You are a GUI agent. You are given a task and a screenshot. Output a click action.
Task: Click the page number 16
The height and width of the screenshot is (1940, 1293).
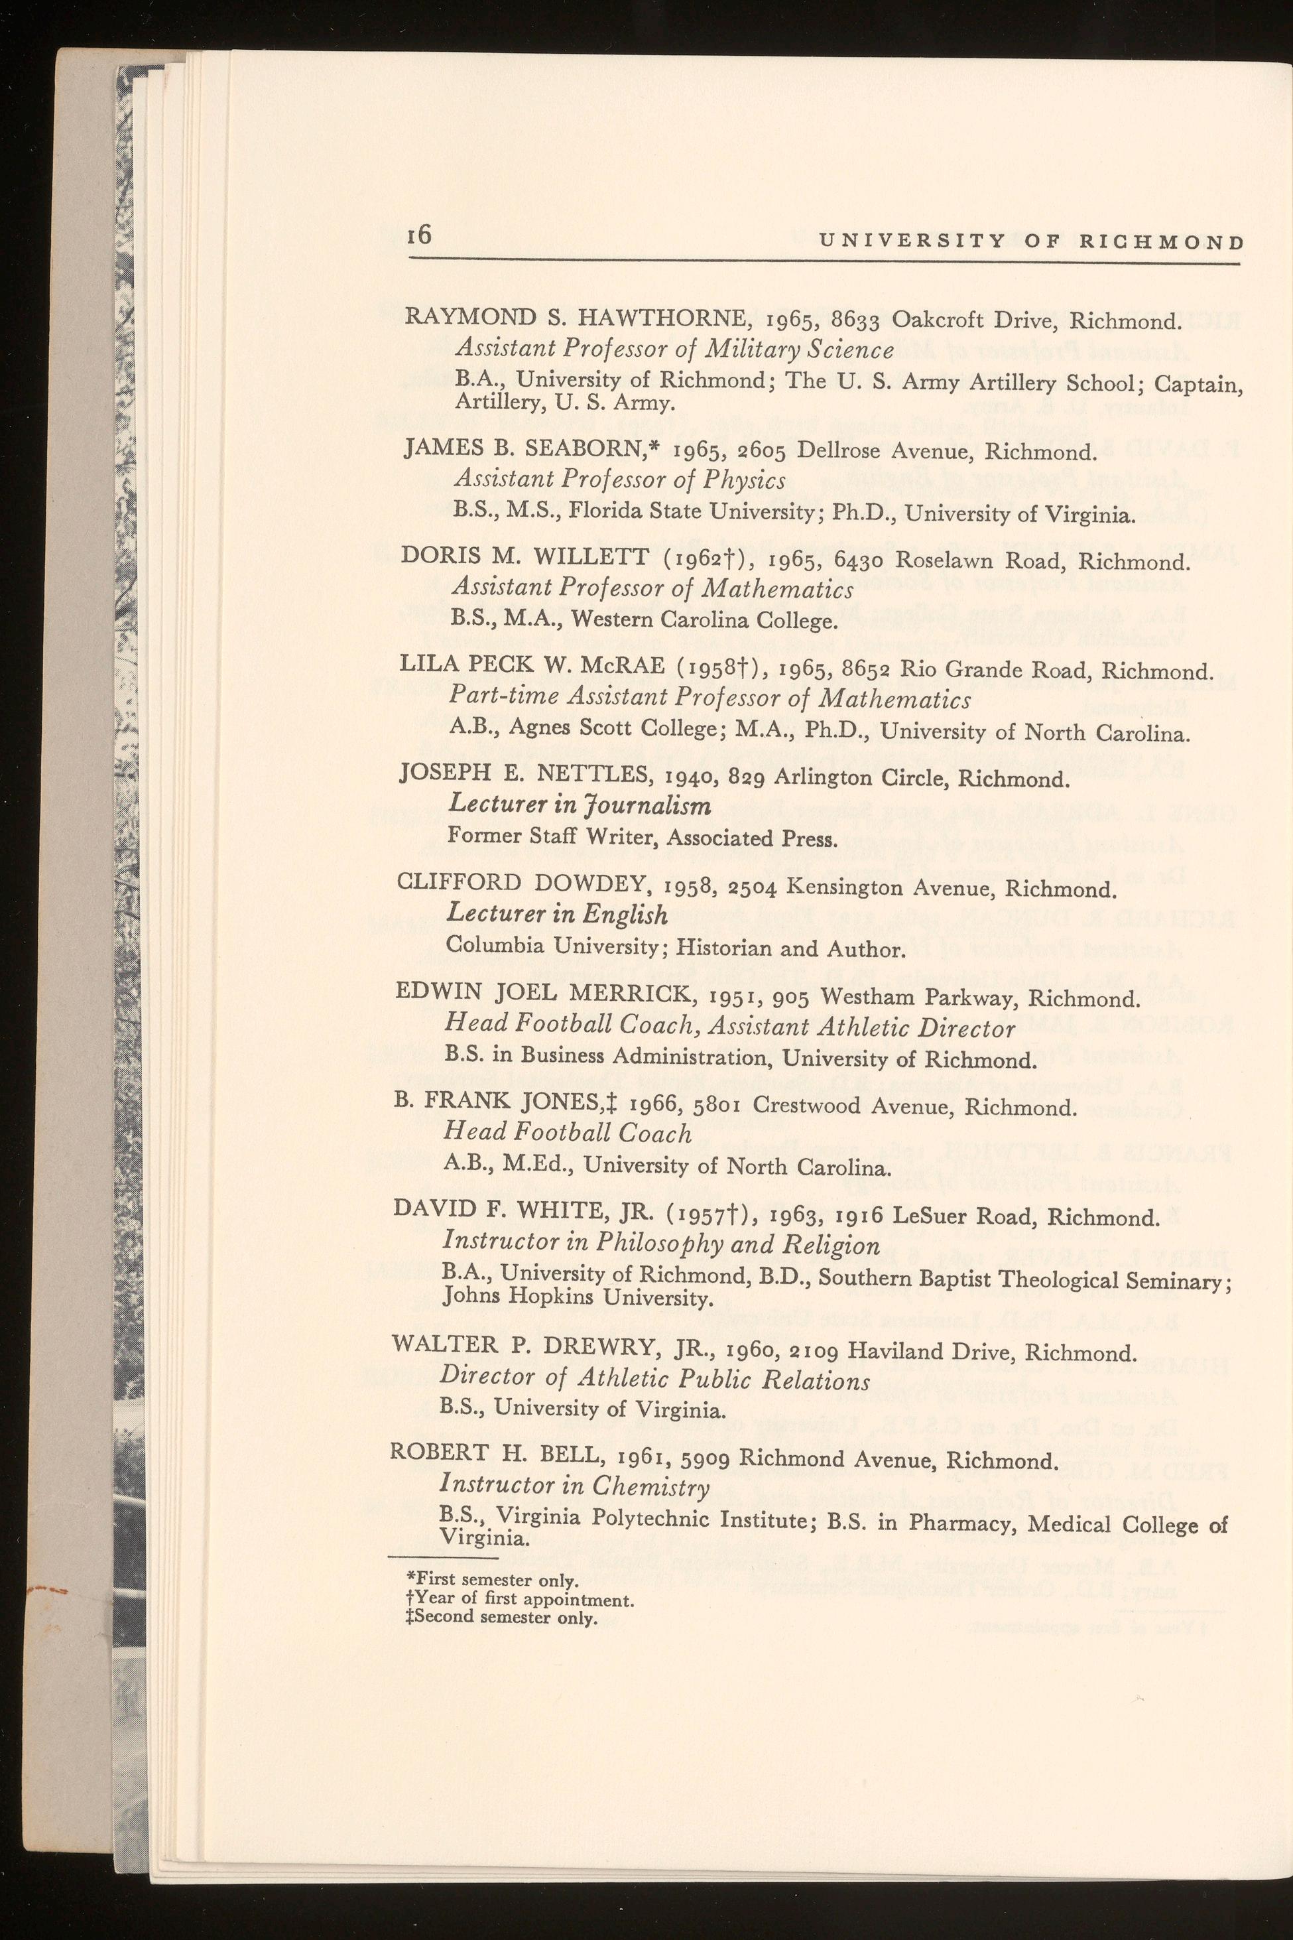(x=420, y=235)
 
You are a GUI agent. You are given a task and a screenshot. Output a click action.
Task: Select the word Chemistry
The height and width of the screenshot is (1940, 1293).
(x=654, y=1486)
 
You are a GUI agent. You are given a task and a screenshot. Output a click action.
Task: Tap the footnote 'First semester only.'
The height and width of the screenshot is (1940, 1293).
(x=493, y=1581)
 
